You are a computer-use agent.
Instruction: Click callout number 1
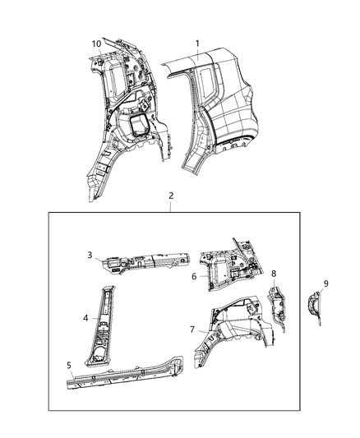(x=196, y=44)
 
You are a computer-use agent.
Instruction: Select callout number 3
(x=91, y=256)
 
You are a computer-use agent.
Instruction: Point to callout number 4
(x=85, y=316)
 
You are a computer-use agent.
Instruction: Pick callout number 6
(x=193, y=277)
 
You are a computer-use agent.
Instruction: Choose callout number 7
(x=193, y=329)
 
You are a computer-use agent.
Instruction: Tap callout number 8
(x=274, y=272)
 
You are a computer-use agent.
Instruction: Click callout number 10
(x=96, y=44)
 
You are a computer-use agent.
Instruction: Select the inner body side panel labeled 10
(x=123, y=115)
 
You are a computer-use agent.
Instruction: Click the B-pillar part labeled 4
(x=104, y=320)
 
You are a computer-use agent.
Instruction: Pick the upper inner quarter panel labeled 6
(x=230, y=267)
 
